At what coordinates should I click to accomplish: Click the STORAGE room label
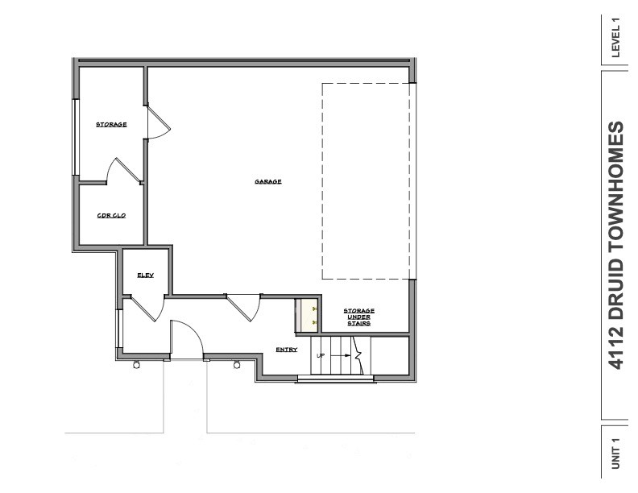(111, 124)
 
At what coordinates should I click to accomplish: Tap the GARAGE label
(268, 181)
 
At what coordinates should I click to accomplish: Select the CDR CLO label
(111, 215)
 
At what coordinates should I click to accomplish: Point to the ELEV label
(145, 275)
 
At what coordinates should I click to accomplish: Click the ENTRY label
(287, 349)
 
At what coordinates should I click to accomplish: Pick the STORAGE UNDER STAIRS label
(358, 317)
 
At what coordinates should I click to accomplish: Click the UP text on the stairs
(320, 354)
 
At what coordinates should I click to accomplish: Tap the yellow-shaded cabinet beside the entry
(306, 315)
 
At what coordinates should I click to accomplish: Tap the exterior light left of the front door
(135, 366)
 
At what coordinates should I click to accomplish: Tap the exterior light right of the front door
(237, 366)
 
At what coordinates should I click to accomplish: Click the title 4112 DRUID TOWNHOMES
(617, 246)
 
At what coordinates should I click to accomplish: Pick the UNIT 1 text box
(616, 454)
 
